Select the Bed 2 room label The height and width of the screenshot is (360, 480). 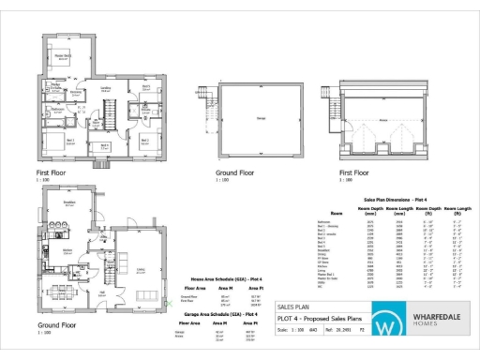click(144, 140)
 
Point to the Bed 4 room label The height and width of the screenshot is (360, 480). click(105, 145)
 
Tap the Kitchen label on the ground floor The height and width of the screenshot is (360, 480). click(67, 250)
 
